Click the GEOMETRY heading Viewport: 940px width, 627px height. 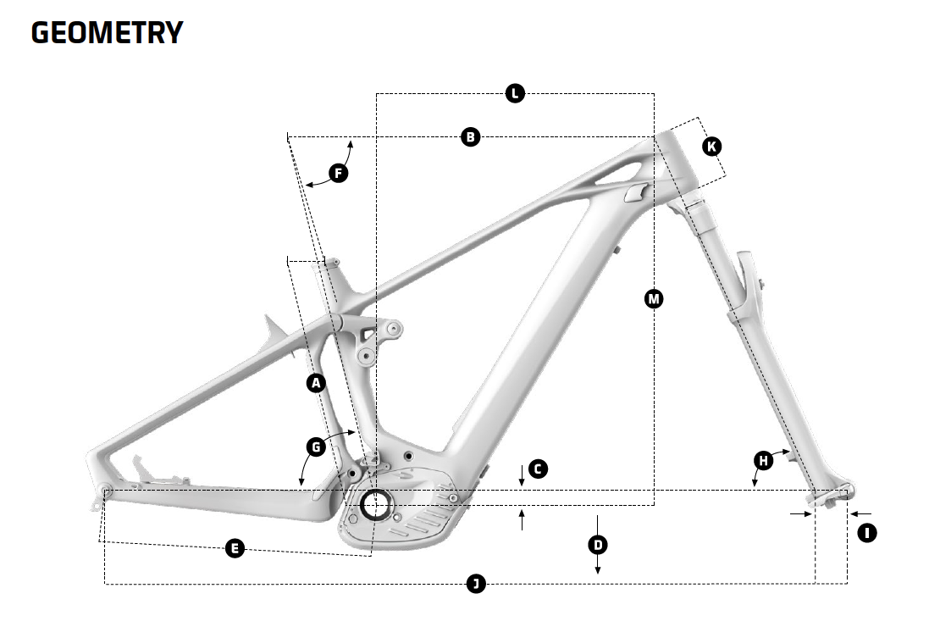click(107, 32)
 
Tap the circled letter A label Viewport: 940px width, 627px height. click(316, 383)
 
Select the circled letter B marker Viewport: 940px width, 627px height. click(471, 136)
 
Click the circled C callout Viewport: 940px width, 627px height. click(538, 469)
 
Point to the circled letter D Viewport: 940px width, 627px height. click(598, 544)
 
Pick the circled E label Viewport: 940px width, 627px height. click(235, 549)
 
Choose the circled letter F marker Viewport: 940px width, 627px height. click(338, 174)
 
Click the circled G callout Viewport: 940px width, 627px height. click(316, 447)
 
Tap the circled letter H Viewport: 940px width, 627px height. click(764, 461)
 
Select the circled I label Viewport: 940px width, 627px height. click(866, 533)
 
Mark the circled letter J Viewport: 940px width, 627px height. click(477, 583)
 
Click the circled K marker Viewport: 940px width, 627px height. click(712, 147)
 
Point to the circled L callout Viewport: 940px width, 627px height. click(515, 93)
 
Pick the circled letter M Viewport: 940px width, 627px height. click(653, 298)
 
